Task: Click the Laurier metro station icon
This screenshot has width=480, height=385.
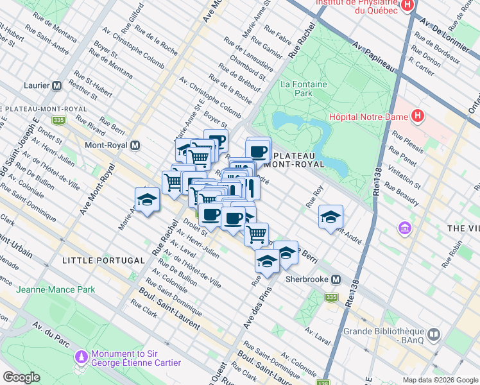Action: (56, 85)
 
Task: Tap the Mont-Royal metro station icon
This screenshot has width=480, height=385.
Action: (135, 146)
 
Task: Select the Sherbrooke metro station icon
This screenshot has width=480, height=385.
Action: (335, 280)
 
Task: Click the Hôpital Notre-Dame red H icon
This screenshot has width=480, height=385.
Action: (418, 116)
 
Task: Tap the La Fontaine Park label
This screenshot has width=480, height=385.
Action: (304, 89)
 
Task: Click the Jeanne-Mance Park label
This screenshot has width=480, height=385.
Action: (55, 289)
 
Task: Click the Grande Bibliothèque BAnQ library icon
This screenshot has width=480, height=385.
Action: (434, 335)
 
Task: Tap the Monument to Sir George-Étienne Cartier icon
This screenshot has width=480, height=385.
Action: (81, 357)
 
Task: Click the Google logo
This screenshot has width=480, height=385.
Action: (21, 377)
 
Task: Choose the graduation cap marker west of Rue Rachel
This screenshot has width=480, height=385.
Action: (147, 199)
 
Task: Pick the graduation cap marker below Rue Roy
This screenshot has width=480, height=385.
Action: (331, 216)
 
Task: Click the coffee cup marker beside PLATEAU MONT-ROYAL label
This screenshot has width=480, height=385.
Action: (258, 151)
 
